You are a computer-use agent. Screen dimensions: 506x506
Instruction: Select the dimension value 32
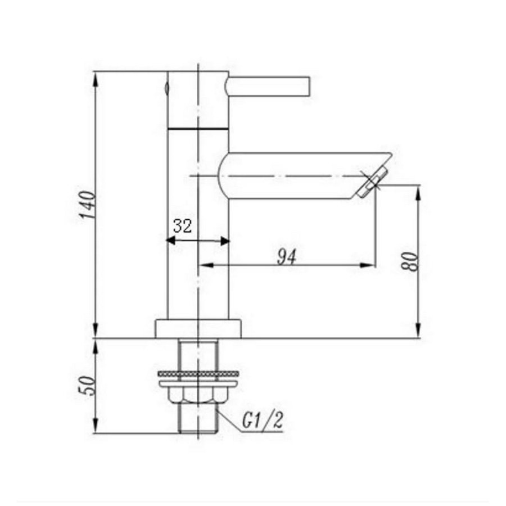click(182, 226)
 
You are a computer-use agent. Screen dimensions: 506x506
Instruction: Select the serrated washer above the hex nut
click(198, 373)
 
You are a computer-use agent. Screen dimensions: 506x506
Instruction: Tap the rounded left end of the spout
click(221, 175)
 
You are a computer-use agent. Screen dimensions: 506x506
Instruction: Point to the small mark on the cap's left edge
click(167, 87)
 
